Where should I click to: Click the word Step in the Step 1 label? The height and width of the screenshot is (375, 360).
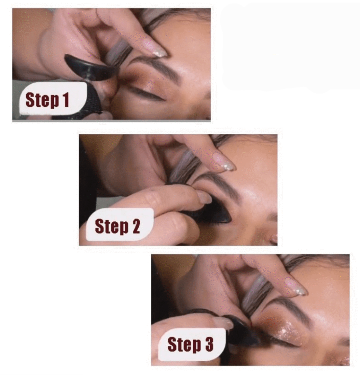point(42,100)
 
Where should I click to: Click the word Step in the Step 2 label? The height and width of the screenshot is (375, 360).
point(111,226)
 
